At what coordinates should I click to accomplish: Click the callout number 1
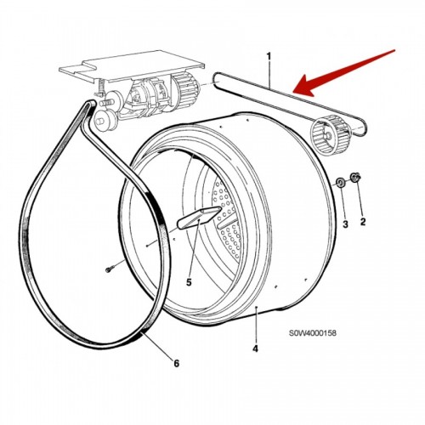pyautogui.click(x=269, y=57)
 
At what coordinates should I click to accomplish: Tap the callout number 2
pyautogui.click(x=363, y=222)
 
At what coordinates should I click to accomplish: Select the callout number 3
pyautogui.click(x=345, y=224)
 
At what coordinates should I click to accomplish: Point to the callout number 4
pyautogui.click(x=255, y=348)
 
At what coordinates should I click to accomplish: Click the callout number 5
pyautogui.click(x=189, y=282)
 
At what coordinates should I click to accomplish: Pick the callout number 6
pyautogui.click(x=176, y=363)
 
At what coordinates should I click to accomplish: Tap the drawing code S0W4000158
pyautogui.click(x=313, y=333)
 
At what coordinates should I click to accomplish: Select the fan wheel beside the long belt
pyautogui.click(x=329, y=135)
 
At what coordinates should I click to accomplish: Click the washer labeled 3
pyautogui.click(x=340, y=182)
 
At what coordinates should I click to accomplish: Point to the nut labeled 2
pyautogui.click(x=354, y=177)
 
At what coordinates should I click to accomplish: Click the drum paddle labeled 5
pyautogui.click(x=199, y=218)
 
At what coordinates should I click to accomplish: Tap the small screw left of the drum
pyautogui.click(x=110, y=269)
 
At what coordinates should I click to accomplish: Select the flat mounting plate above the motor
pyautogui.click(x=131, y=65)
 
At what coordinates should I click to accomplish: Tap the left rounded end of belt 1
pyautogui.click(x=218, y=81)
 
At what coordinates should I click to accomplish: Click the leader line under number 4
pyautogui.click(x=256, y=325)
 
